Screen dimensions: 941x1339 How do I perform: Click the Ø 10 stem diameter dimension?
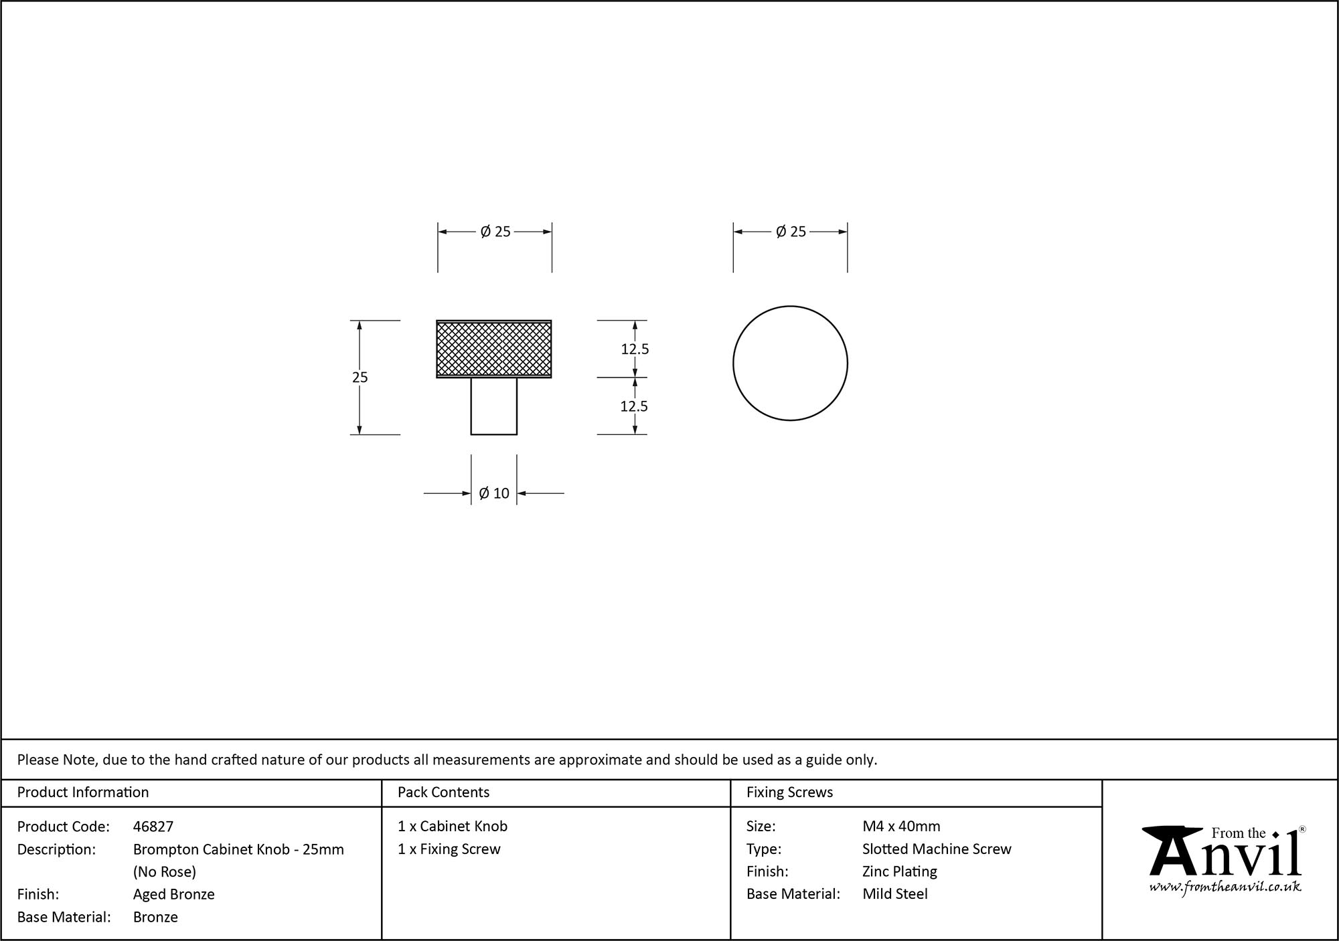494,493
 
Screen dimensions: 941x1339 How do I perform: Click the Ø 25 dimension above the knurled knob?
495,232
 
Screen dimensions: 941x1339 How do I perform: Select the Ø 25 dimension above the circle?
791,232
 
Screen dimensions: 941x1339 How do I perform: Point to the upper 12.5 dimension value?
635,349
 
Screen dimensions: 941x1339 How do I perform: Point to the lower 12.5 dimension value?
634,406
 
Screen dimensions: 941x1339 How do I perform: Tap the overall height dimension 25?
360,377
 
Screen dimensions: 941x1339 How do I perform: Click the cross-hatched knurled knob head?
494,349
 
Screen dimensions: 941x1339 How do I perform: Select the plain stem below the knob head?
494,406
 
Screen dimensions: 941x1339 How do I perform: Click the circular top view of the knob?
790,363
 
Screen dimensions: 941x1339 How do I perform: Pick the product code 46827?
153,827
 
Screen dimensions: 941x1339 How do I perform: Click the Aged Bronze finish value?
174,894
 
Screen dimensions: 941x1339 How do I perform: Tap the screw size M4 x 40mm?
901,827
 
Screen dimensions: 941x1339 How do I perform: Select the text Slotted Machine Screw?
937,849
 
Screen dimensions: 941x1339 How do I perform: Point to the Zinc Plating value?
900,871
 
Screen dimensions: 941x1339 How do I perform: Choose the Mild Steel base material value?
895,893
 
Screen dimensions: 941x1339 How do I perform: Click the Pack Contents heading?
443,792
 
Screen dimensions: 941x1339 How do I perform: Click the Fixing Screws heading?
789,792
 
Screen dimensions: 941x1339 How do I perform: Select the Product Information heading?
83,792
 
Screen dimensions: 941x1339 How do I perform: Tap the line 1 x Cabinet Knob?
453,827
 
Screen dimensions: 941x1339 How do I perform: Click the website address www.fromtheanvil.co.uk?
1225,887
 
